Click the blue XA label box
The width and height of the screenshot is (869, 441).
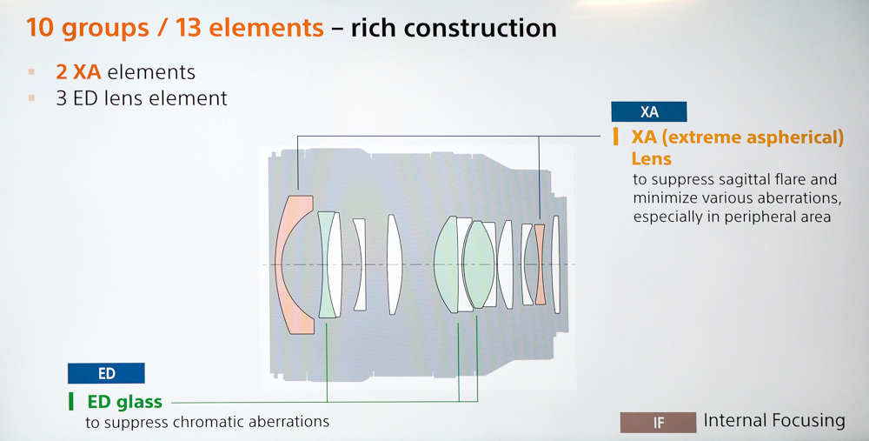[649, 111]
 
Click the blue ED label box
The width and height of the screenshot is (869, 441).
[106, 373]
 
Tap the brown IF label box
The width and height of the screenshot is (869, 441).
[658, 423]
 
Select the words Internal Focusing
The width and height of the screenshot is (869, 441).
[774, 420]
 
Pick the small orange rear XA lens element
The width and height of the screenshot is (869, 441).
[540, 264]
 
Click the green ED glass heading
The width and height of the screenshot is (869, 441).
[124, 401]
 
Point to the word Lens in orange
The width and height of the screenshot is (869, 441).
[651, 158]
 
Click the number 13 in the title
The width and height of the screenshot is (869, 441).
[189, 28]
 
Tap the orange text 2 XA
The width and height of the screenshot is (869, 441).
[78, 71]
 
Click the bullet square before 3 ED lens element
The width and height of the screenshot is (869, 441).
[31, 98]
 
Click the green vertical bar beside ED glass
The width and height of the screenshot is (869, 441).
[71, 401]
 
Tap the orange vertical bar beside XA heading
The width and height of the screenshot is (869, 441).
[616, 137]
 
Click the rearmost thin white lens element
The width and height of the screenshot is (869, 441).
[556, 264]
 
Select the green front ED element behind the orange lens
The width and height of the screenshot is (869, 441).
[326, 264]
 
